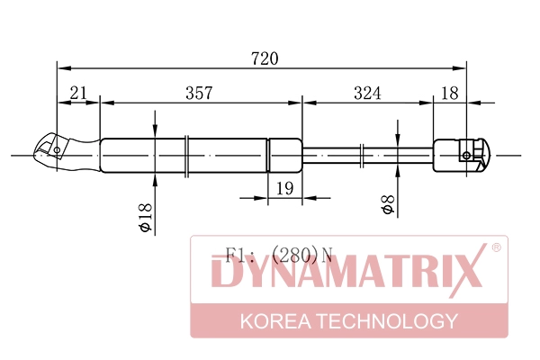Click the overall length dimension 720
[x=265, y=58]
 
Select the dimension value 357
[x=200, y=93]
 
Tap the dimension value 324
[x=367, y=93]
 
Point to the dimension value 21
[x=78, y=93]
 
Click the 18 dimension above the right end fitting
[x=450, y=93]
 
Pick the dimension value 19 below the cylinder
[x=285, y=188]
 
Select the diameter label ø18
[x=146, y=217]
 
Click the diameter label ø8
[x=389, y=204]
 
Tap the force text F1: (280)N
[x=279, y=256]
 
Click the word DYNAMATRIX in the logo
[x=347, y=271]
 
